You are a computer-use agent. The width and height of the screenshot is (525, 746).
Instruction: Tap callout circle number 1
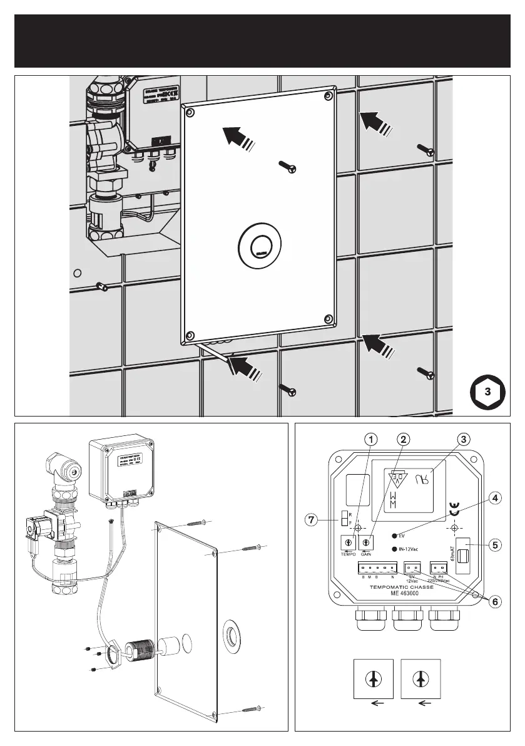371,440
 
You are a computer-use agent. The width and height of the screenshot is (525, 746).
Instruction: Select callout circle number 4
494,499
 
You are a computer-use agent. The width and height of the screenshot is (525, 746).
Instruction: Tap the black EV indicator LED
394,536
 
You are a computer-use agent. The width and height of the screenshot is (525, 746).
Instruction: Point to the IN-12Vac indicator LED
394,549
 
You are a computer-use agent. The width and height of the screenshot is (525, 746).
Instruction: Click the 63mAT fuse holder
464,556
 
